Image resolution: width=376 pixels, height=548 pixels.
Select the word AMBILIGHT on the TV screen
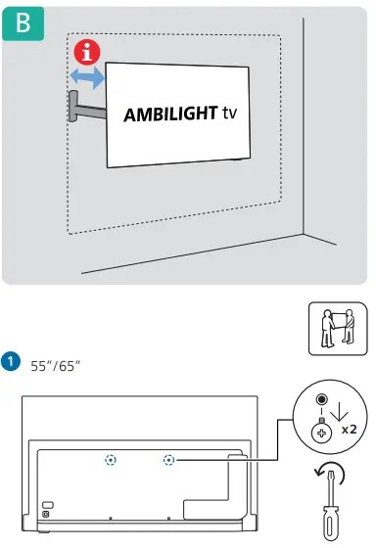(166, 114)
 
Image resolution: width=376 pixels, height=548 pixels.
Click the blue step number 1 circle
(10, 363)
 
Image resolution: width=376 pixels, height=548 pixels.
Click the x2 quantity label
(349, 430)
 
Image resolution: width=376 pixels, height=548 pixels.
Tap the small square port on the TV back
(45, 515)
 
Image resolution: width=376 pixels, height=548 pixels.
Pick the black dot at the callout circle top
(320, 400)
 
